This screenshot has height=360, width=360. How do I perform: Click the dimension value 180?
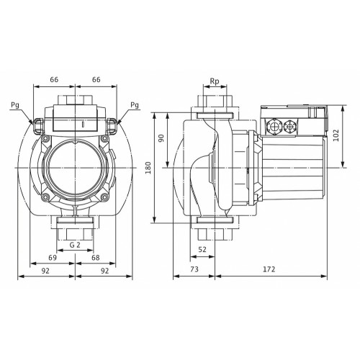pos(149,168)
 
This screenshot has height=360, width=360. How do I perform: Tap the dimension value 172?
pos(269,269)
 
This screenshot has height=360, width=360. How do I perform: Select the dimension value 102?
pos(336,135)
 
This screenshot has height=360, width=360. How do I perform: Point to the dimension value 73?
pos(194,269)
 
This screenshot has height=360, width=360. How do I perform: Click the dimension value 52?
pos(202,250)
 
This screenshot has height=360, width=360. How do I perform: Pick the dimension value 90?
pos(161,138)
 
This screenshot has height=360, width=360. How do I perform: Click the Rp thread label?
pos(215,81)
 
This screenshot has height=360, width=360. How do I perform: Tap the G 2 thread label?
pos(75,245)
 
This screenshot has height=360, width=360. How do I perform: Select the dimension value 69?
pos(53,258)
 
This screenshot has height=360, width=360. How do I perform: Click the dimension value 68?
pos(96,258)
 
